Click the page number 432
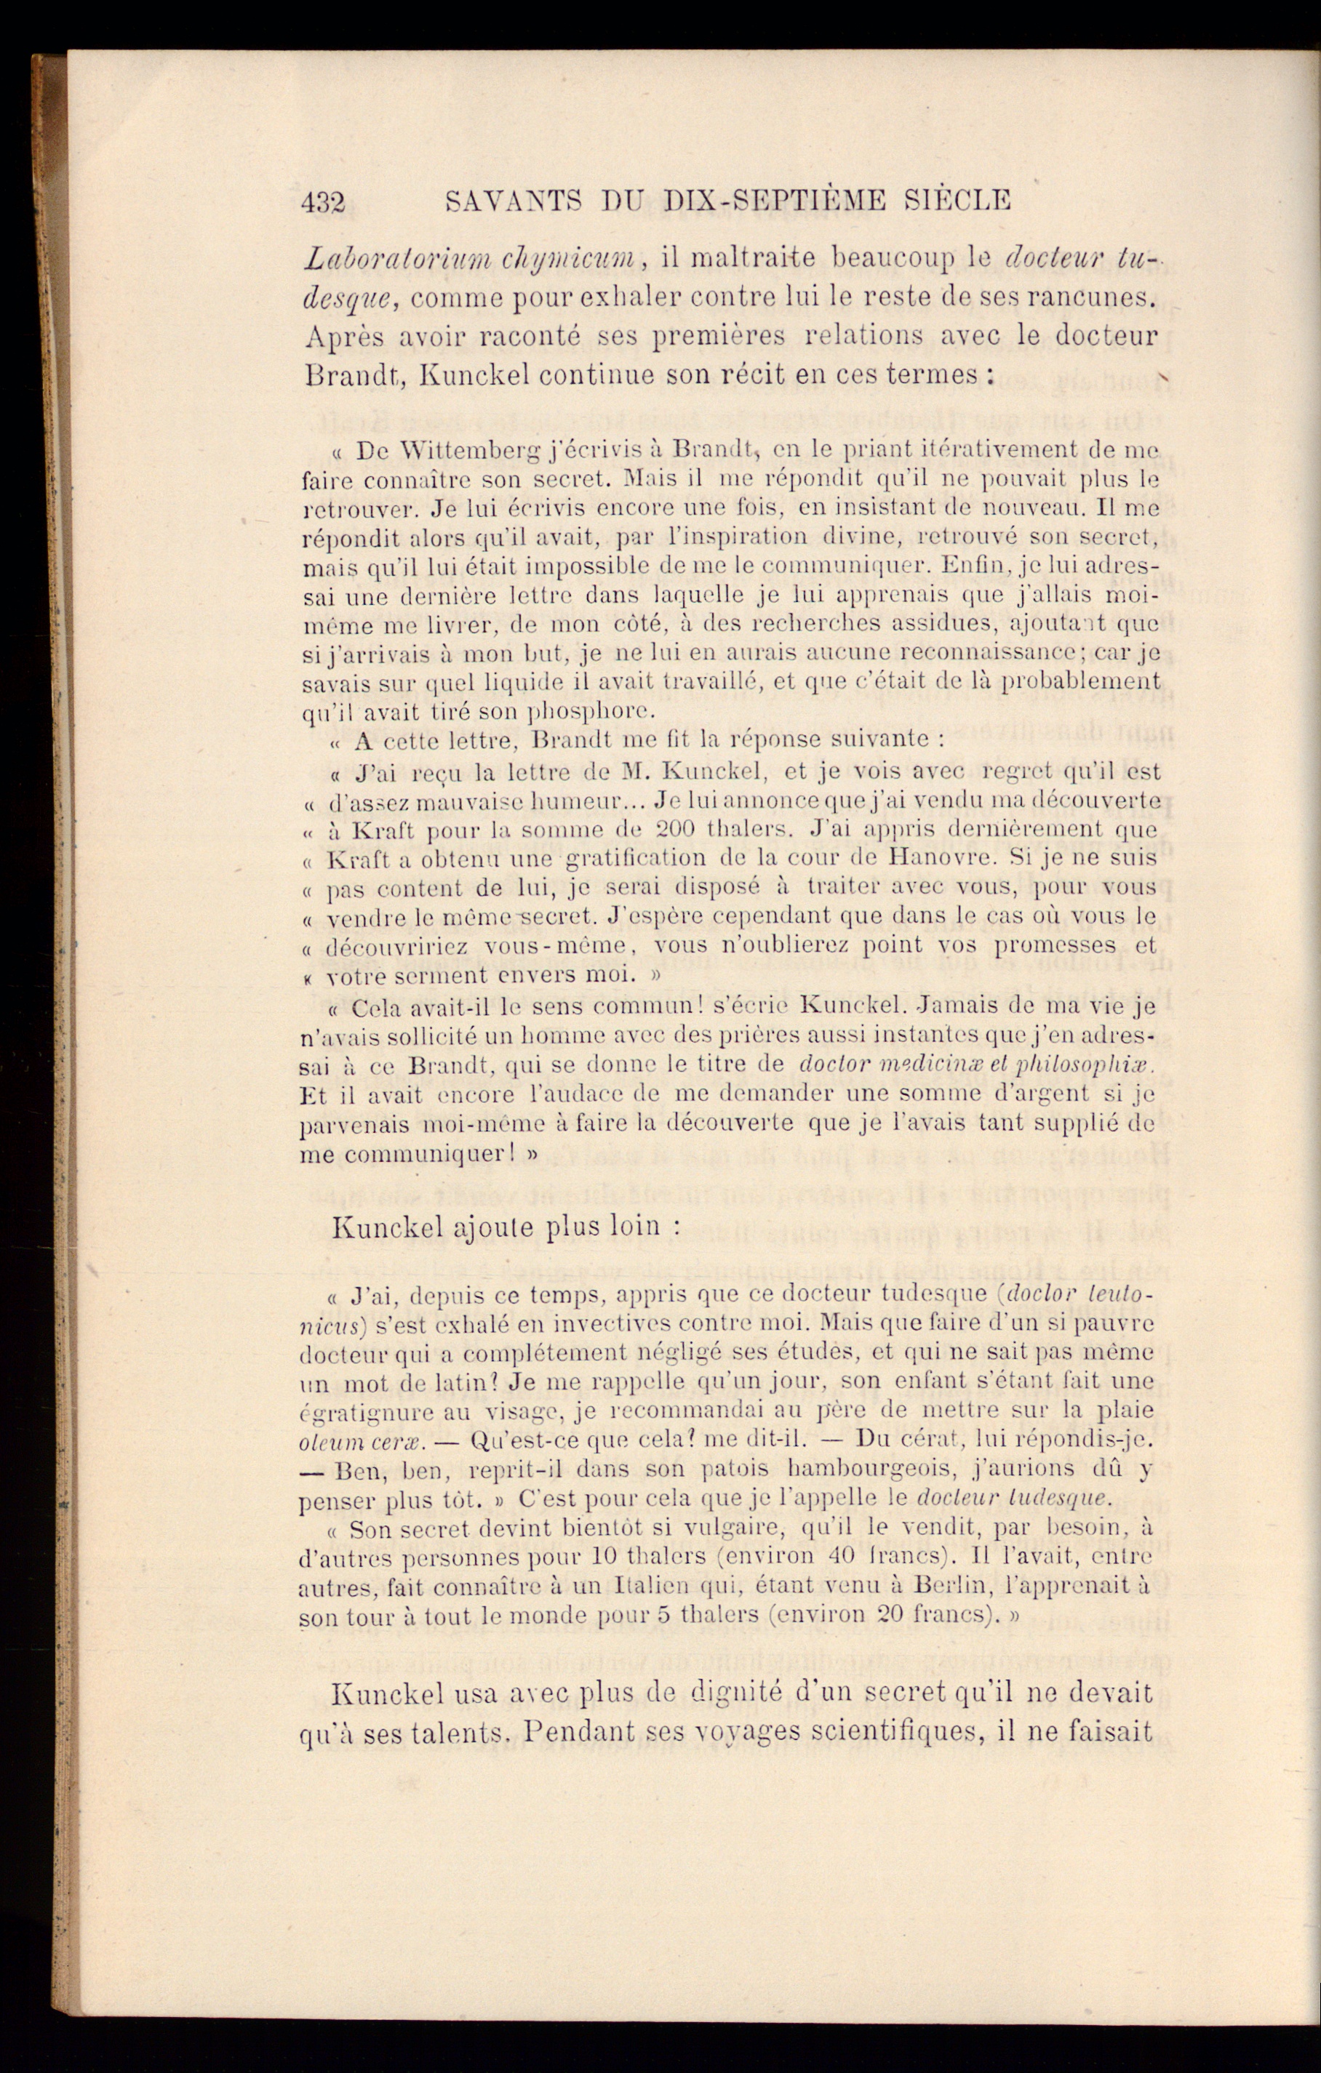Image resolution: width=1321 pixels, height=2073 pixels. coord(323,202)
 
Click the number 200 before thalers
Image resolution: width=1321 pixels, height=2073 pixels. coord(674,830)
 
